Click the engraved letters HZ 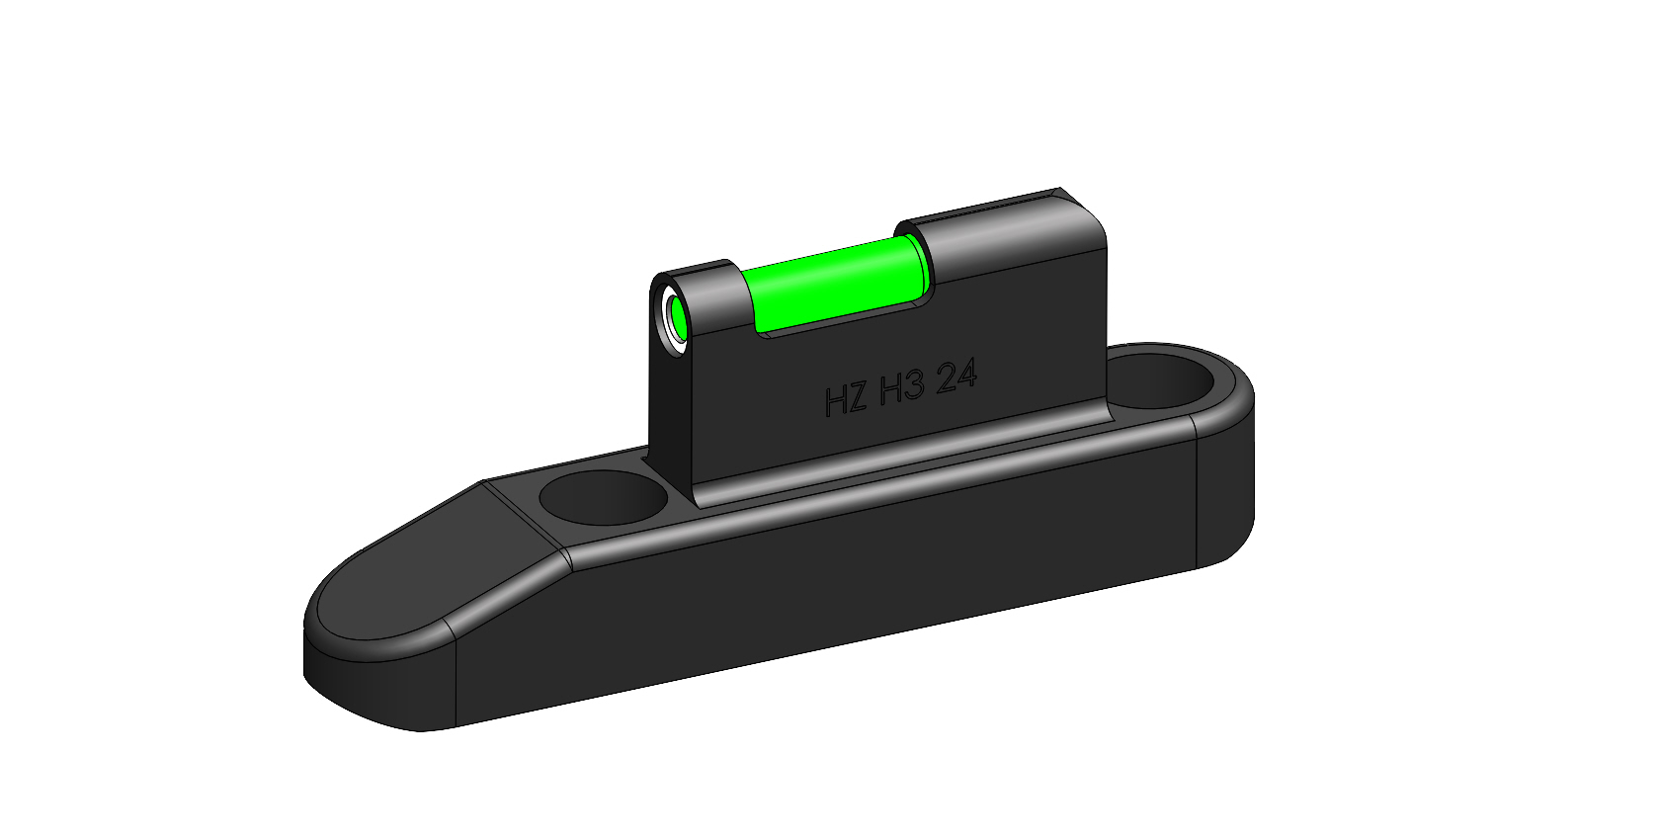point(846,399)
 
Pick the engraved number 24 point(955,377)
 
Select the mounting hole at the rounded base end point(1169,379)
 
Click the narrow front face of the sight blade point(671,415)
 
